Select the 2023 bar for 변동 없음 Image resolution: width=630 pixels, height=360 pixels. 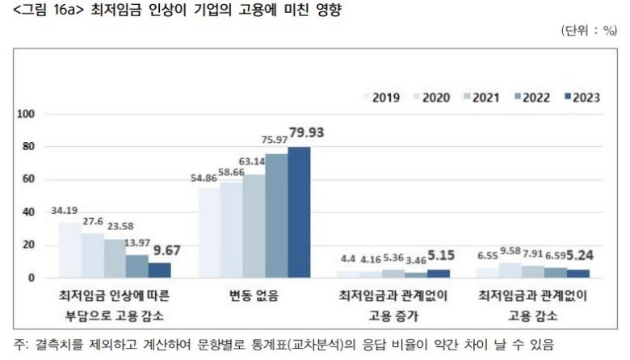coord(299,211)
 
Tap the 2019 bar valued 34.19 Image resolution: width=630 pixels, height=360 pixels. coord(69,249)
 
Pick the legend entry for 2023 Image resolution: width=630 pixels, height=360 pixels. coord(579,98)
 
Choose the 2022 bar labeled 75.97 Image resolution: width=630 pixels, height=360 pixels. coord(276,215)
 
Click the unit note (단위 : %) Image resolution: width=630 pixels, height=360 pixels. coord(589,30)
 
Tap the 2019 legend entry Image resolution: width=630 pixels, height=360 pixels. coord(383,98)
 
